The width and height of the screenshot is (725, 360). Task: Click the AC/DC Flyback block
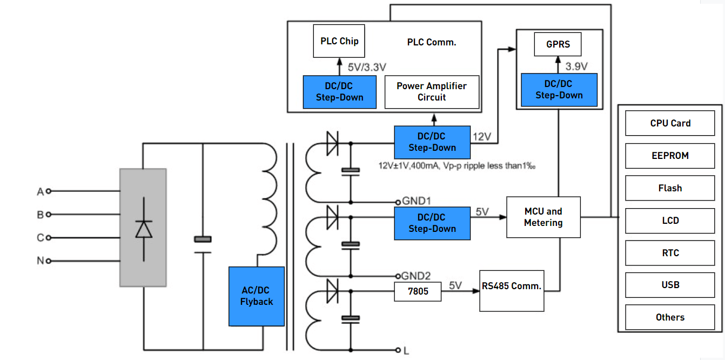coord(257,296)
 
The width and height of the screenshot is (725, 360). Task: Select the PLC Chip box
coord(339,41)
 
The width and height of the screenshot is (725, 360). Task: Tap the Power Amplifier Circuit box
coord(432,91)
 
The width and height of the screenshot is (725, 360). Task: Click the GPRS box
coord(558,44)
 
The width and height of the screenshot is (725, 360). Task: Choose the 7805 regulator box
coord(418,291)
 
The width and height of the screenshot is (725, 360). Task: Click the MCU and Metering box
coord(543,217)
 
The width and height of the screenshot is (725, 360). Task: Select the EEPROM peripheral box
coord(670,156)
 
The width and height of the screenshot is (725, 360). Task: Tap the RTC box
coord(670,253)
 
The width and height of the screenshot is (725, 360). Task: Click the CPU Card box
coord(670,123)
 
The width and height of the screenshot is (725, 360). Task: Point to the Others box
coord(670,317)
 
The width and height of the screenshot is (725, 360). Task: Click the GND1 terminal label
coord(417,201)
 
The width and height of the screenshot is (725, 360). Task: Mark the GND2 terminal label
coord(417,276)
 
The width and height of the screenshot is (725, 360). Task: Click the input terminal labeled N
coord(41,261)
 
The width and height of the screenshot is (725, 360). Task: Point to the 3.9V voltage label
coord(576,66)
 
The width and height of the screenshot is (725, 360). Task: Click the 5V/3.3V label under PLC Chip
coord(367,68)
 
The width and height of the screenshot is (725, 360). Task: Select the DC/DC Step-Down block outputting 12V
coord(432,142)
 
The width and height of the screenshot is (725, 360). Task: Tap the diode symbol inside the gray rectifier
coord(143,229)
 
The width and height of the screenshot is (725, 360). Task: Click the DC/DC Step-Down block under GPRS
coord(559,90)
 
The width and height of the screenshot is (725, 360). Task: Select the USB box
coord(670,285)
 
